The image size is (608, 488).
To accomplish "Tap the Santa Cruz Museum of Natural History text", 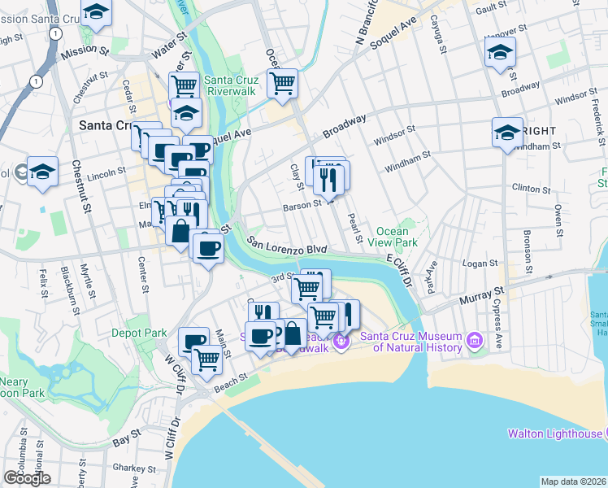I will [417, 342].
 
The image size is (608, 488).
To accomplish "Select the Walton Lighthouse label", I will [556, 434].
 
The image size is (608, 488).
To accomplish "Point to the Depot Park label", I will [141, 333].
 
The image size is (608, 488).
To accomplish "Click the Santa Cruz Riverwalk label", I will [231, 85].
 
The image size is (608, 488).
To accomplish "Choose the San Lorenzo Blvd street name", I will [287, 246].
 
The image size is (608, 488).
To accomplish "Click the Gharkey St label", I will [134, 468].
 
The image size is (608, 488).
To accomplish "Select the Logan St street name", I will [480, 264].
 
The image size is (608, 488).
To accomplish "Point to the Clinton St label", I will [533, 189].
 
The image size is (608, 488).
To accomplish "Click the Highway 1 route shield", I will [36, 81].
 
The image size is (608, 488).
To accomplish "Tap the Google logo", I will [27, 477].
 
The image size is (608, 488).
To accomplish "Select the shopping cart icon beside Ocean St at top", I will [282, 83].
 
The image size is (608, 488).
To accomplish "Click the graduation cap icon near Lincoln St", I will [42, 172].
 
